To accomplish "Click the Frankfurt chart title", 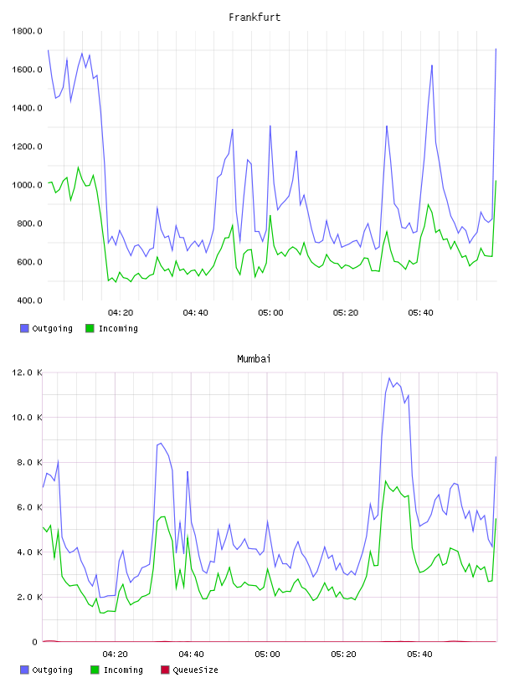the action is (x=254, y=18).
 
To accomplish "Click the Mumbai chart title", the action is (x=254, y=359).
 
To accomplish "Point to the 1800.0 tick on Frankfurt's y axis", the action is (x=27, y=31).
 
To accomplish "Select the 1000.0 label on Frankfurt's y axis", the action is (x=27, y=185).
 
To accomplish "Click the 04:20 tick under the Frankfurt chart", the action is (x=121, y=313).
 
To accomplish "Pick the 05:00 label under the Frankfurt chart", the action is (x=270, y=313).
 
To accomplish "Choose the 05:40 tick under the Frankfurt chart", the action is (x=420, y=313).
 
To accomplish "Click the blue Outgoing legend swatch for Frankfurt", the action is (x=24, y=328).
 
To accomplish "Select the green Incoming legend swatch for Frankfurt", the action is (x=90, y=328).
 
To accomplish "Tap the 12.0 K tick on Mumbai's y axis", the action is (x=27, y=372).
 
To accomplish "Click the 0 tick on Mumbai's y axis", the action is (x=35, y=642).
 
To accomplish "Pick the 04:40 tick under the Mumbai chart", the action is (x=192, y=655).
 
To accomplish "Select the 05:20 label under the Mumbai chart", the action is (x=343, y=655).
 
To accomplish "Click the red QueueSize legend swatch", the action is (x=165, y=670).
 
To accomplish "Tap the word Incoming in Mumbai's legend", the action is (x=123, y=670).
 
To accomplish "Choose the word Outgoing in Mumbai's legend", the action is (x=52, y=670).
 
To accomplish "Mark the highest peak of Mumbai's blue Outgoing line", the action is (x=389, y=378).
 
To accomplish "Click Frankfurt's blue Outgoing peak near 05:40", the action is (x=432, y=65).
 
